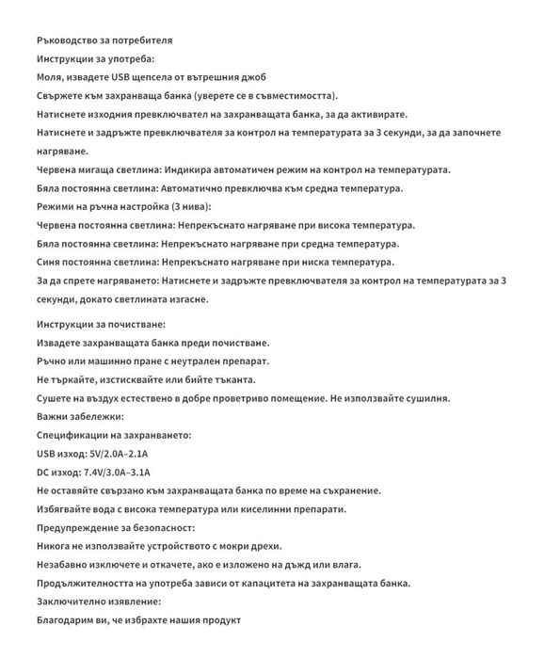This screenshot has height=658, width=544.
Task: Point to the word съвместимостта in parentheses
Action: tap(293, 96)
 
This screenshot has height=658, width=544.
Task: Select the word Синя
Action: tap(51, 262)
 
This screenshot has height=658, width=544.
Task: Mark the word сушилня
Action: tap(424, 398)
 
